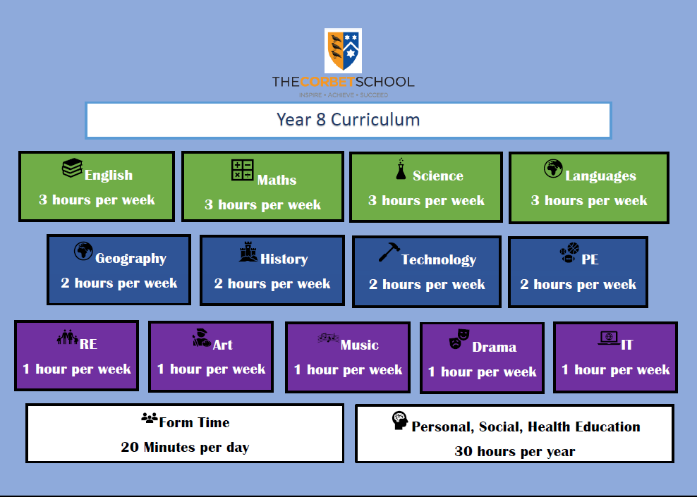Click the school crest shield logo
343,51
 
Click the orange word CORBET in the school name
327,82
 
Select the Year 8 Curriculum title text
348,119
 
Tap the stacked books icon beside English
73,168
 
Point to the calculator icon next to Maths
242,170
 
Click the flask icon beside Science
401,168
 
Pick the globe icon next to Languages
553,168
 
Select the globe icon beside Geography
83,251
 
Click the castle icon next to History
248,252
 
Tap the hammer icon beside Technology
389,252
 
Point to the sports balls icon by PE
569,252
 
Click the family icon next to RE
68,337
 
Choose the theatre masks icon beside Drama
459,339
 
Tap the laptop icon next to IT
609,338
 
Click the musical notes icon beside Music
328,338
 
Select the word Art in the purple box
223,345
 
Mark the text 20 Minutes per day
185,447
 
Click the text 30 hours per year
515,451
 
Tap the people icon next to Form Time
150,418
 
